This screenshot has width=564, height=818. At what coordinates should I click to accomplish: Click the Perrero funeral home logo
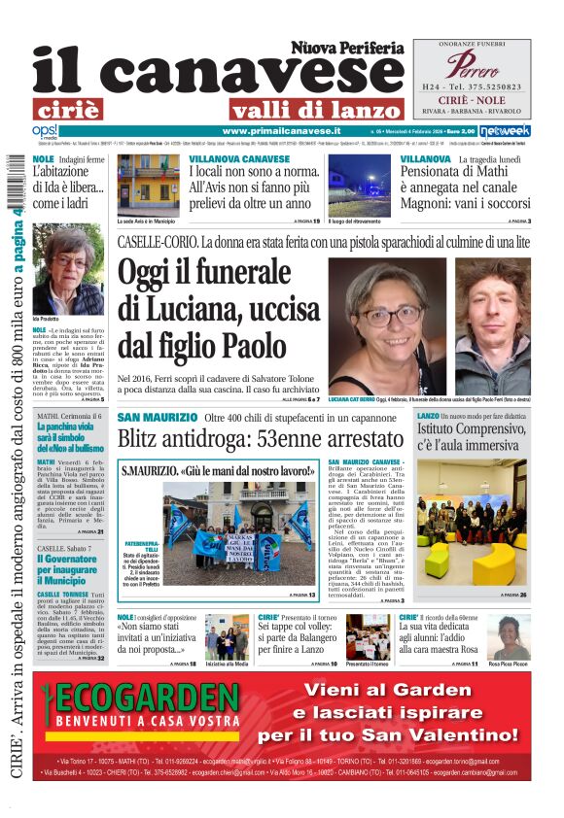[471, 65]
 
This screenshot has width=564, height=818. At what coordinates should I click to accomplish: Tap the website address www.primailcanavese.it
[281, 130]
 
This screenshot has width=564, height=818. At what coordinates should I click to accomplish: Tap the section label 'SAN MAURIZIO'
[155, 417]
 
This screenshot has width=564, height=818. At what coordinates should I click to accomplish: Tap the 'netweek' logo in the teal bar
[506, 130]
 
